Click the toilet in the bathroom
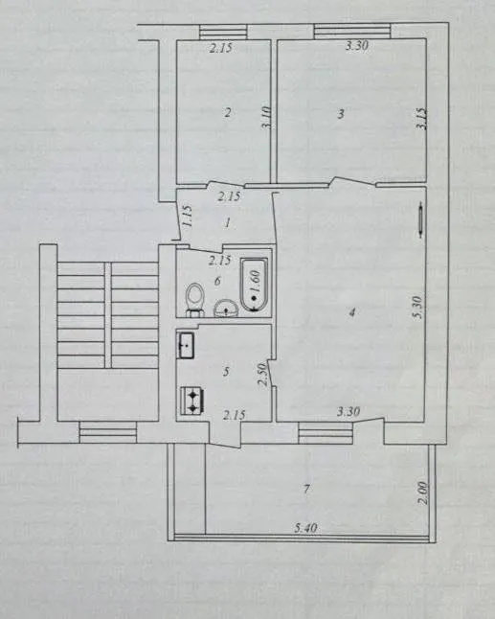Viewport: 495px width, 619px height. [x=195, y=299]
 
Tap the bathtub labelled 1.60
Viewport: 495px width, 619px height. [x=255, y=285]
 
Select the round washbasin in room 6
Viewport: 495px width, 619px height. [x=226, y=309]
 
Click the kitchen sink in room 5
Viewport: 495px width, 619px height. [x=186, y=345]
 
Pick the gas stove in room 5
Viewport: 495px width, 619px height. [x=192, y=401]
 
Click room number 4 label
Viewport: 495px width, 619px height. [x=351, y=312]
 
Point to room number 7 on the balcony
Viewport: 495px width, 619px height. [x=306, y=490]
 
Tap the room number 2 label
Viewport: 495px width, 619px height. [x=227, y=113]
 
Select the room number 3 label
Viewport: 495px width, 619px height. [x=341, y=114]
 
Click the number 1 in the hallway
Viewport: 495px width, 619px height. [x=227, y=223]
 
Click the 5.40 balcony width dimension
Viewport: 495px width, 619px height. [x=305, y=528]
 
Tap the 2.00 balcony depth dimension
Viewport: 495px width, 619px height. [x=422, y=493]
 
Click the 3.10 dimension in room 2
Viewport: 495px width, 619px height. [x=266, y=117]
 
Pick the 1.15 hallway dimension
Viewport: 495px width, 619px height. [x=188, y=216]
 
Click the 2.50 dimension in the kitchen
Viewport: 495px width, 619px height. [x=262, y=375]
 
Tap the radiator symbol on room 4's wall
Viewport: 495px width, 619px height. [x=421, y=219]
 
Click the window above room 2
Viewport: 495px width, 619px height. [x=223, y=32]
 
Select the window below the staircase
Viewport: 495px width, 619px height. [x=107, y=432]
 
